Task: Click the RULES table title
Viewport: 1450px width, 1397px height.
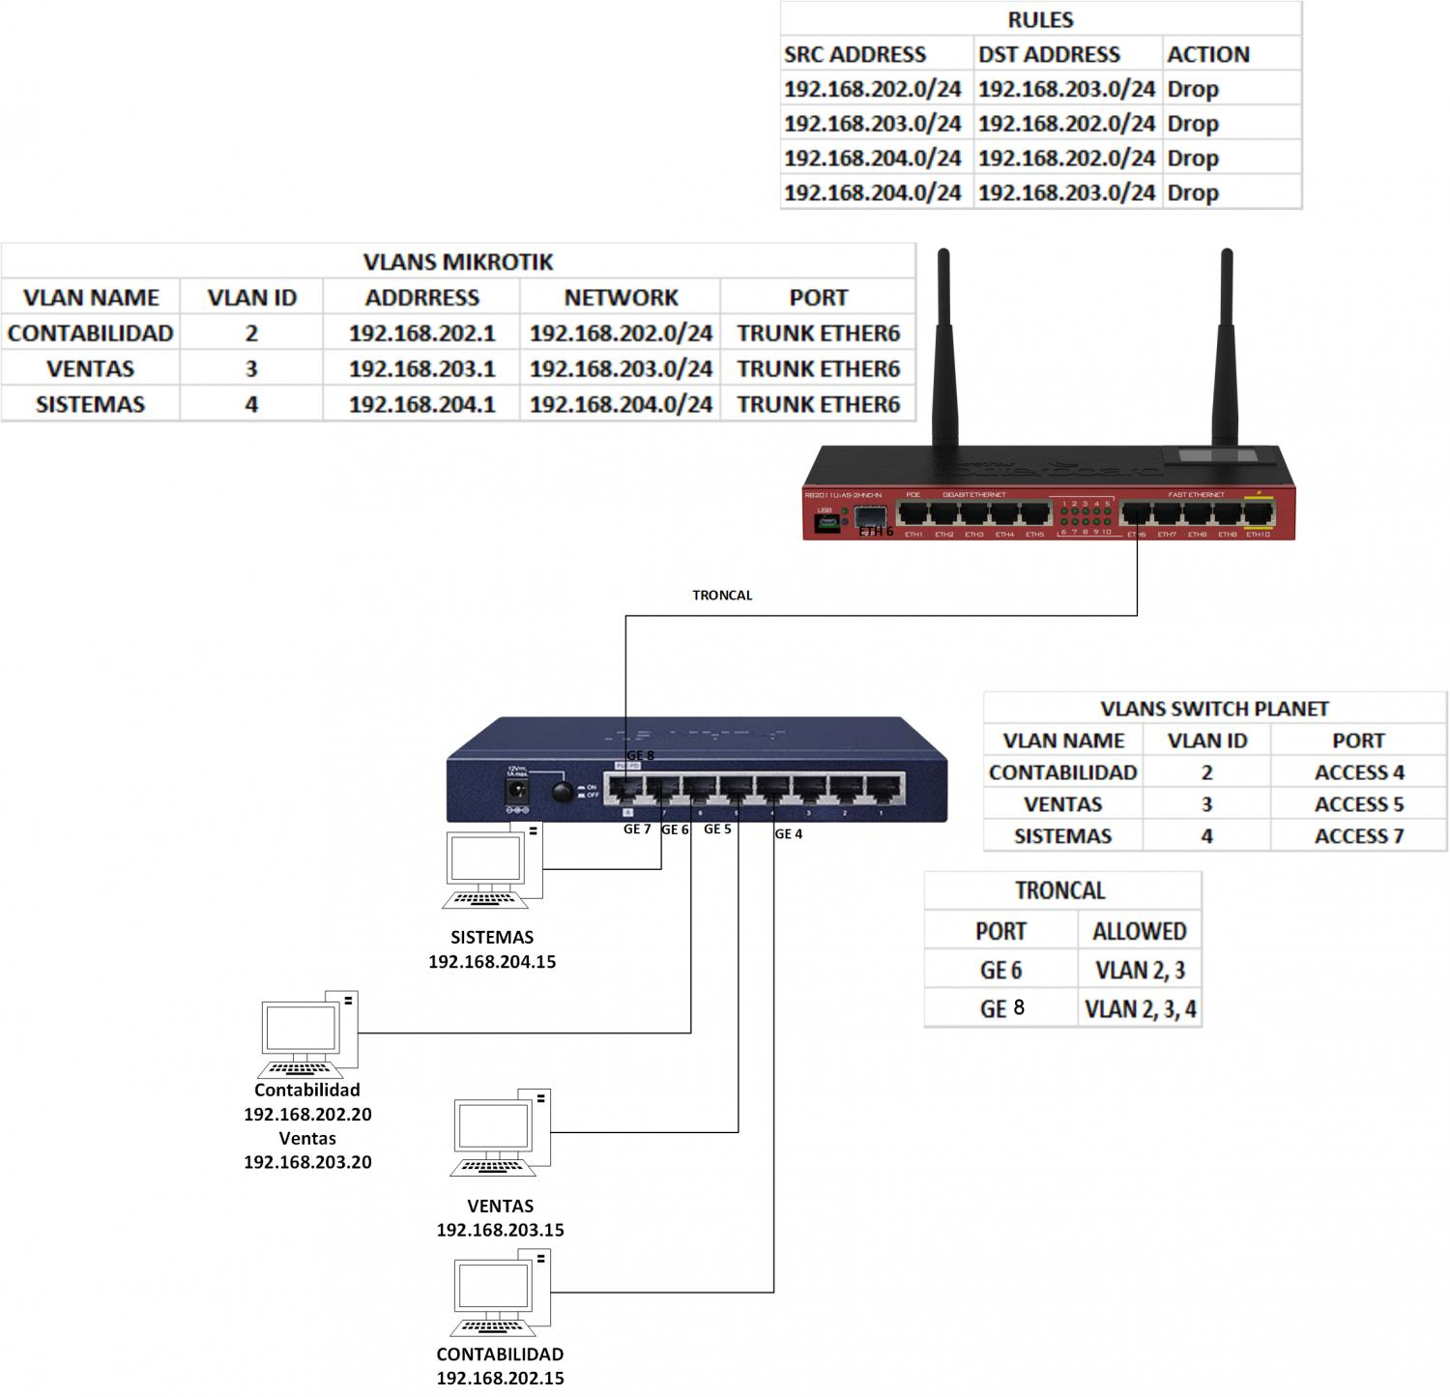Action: pyautogui.click(x=1040, y=19)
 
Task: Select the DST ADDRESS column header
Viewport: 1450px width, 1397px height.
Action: pyautogui.click(x=1049, y=54)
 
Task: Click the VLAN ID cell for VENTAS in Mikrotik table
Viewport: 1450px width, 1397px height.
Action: pyautogui.click(x=251, y=368)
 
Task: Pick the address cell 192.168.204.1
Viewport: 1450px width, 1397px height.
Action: pyautogui.click(x=421, y=404)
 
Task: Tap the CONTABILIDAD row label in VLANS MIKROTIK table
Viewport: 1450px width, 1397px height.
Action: pyautogui.click(x=90, y=334)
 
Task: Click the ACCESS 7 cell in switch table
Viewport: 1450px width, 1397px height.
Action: pyautogui.click(x=1358, y=836)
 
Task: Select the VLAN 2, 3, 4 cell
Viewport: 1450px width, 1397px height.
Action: pyautogui.click(x=1140, y=1009)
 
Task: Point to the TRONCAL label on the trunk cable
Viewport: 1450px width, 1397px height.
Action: pyautogui.click(x=722, y=596)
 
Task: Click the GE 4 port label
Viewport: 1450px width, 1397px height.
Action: pyautogui.click(x=789, y=833)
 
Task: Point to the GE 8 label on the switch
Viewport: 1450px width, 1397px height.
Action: pyautogui.click(x=640, y=755)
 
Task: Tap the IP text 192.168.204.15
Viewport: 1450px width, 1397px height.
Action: pyautogui.click(x=492, y=962)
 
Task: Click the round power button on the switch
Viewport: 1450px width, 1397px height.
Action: pyautogui.click(x=561, y=792)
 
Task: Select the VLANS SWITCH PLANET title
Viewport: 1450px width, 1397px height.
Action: pyautogui.click(x=1214, y=709)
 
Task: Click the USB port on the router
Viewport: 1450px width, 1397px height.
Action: pyautogui.click(x=825, y=523)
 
